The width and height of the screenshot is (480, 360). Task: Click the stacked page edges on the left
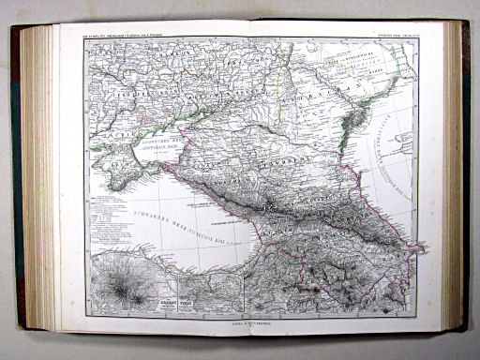(x=39, y=178)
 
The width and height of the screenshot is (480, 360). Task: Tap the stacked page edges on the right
(x=455, y=178)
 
